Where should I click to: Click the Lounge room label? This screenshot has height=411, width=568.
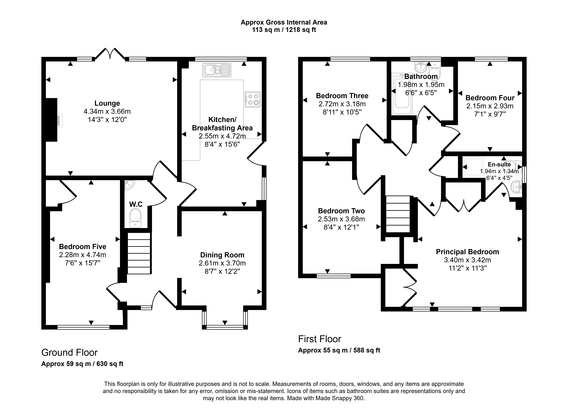pyautogui.click(x=107, y=103)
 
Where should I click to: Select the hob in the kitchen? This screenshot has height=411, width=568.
pyautogui.click(x=252, y=100)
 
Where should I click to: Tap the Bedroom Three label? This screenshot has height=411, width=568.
pyautogui.click(x=342, y=96)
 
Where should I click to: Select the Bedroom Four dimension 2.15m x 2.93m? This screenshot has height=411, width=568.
pyautogui.click(x=490, y=106)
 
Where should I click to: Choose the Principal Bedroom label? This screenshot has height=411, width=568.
pyautogui.click(x=467, y=252)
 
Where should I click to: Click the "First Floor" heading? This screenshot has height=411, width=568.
pyautogui.click(x=320, y=339)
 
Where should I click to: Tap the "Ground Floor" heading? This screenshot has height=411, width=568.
pyautogui.click(x=69, y=353)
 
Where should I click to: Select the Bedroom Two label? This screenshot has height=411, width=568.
pyautogui.click(x=341, y=211)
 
